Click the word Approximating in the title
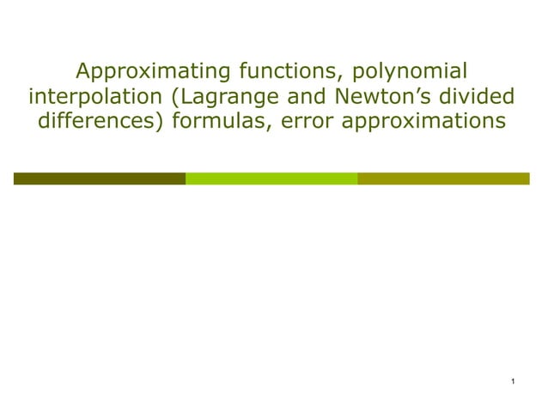(142, 70)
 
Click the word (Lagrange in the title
(216, 96)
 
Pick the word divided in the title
(481, 96)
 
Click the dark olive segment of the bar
(99, 178)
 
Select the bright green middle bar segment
(271, 178)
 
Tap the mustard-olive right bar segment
(443, 178)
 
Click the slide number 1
(512, 381)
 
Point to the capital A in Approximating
(83, 70)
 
